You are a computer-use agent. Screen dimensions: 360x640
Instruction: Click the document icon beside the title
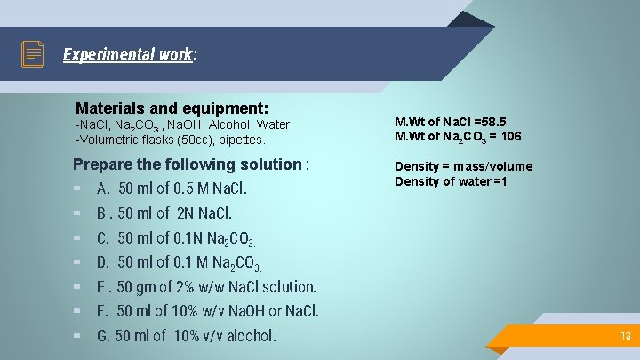coord(33,54)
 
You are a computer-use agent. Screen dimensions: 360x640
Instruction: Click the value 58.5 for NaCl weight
coord(500,122)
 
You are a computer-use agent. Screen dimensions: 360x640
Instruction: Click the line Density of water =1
coord(451,181)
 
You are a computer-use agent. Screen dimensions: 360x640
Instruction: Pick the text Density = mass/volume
coord(463,166)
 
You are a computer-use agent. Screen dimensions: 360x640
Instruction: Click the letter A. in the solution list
coord(103,188)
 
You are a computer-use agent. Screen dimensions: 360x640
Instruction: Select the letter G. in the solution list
coord(103,336)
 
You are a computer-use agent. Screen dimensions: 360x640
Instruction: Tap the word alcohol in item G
coord(252,336)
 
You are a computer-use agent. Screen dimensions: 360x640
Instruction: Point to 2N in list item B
coord(184,213)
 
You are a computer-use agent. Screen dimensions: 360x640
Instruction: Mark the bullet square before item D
coord(77,262)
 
